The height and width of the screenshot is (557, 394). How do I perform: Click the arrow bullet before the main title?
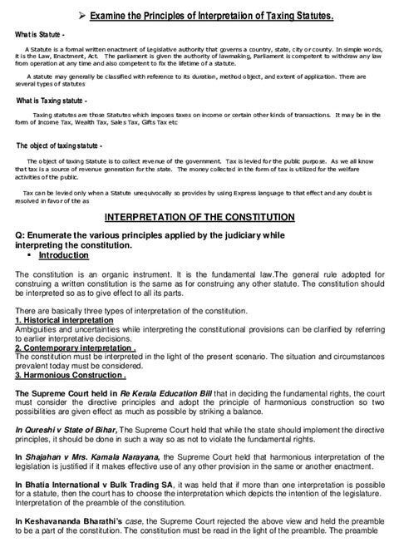tap(76, 14)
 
